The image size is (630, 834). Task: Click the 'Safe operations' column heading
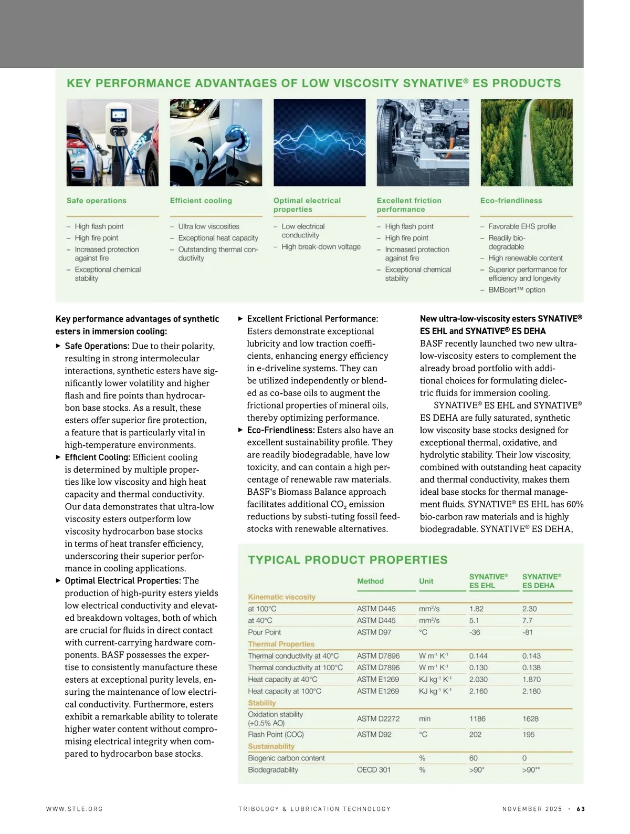(97, 201)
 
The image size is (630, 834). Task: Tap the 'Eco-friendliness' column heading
(511, 201)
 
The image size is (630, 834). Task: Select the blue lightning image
(319, 142)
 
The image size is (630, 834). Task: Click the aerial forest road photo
(526, 142)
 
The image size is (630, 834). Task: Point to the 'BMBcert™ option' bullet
(517, 290)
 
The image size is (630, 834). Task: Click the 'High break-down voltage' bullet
(321, 247)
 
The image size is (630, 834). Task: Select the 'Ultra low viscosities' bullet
(208, 226)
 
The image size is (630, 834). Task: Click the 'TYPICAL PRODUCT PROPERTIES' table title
(348, 560)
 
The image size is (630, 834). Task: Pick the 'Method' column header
(370, 581)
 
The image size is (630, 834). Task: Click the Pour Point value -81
(528, 632)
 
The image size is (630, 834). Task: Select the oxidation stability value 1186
(477, 718)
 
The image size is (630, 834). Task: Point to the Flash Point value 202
(475, 734)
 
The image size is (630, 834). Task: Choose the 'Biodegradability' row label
(273, 770)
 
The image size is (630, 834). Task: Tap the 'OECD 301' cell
(373, 770)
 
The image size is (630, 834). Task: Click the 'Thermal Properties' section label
(281, 644)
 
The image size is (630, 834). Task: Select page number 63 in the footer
(581, 809)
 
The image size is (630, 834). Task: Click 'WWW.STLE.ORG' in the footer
(75, 809)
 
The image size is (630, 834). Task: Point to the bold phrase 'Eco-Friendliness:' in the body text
(281, 430)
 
